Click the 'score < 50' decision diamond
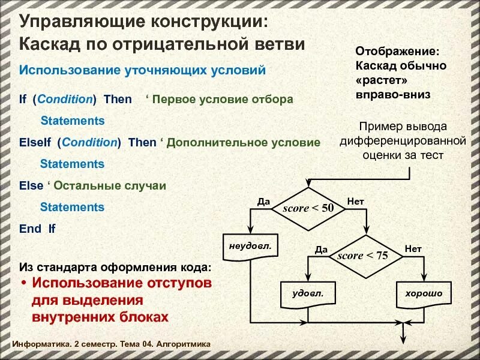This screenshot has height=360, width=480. (x=309, y=208)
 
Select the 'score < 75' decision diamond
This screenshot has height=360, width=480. (x=363, y=256)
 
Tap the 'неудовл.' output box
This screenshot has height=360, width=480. (x=250, y=247)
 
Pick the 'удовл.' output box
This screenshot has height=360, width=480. (x=307, y=294)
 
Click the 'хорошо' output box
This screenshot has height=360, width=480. (x=424, y=294)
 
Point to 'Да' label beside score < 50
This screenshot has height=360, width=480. (x=263, y=201)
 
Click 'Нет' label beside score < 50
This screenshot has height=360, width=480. (x=355, y=201)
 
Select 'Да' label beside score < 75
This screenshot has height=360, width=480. (x=321, y=248)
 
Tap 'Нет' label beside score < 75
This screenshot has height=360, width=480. (x=413, y=248)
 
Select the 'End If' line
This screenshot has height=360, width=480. (x=37, y=229)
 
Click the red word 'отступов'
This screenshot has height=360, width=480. (x=181, y=283)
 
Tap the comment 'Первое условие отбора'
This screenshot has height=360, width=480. (x=223, y=100)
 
